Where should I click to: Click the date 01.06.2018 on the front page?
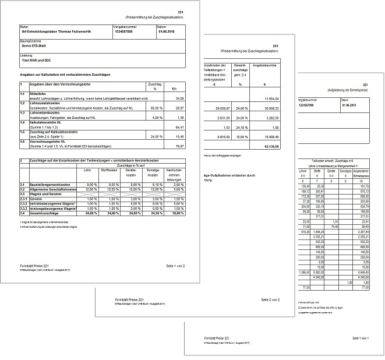click(x=165, y=32)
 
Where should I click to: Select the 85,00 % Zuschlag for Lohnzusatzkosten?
click(x=155, y=108)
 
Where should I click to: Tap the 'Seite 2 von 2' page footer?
click(x=270, y=299)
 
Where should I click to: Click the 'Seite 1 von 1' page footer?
click(x=363, y=338)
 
